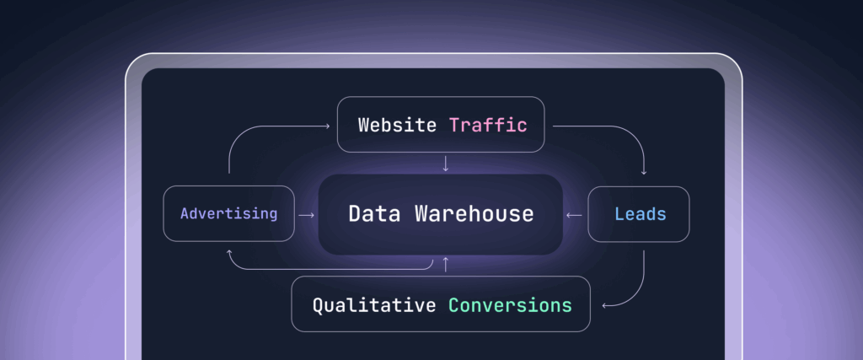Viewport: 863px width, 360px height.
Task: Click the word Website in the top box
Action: (397, 126)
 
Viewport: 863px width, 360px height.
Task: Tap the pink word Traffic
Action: (488, 126)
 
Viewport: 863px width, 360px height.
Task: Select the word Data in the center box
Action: (374, 214)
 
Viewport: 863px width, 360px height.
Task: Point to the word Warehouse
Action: (474, 214)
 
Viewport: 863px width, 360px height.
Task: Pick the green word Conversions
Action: (509, 304)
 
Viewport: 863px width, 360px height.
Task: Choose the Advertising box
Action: (228, 214)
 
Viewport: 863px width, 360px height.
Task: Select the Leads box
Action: (639, 214)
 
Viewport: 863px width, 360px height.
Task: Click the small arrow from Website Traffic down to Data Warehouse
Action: (446, 164)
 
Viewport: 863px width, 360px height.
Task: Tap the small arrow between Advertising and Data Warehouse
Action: (306, 215)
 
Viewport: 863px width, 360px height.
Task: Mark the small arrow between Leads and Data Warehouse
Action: (574, 215)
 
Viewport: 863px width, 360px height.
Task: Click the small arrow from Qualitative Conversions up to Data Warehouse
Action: (446, 265)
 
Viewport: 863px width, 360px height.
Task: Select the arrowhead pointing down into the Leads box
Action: (644, 172)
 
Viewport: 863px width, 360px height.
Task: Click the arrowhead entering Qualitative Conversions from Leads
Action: (604, 304)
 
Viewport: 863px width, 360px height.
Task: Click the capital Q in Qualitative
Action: (318, 304)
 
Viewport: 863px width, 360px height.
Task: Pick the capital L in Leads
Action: (619, 214)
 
